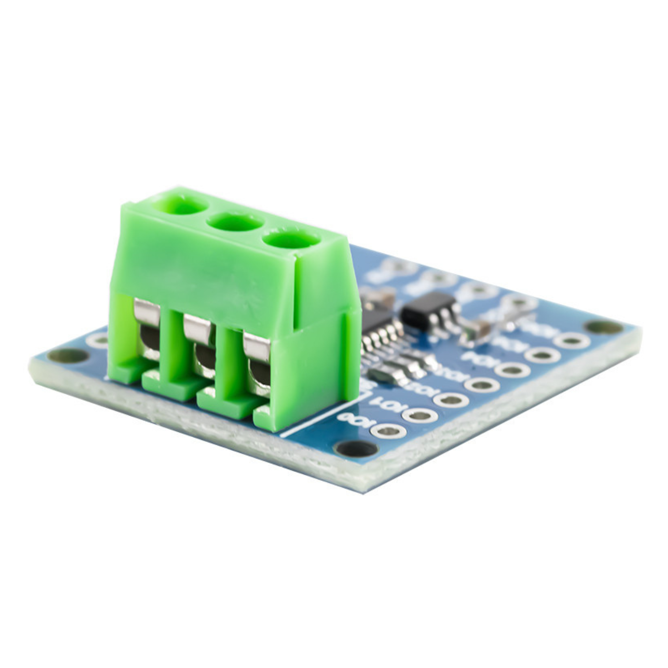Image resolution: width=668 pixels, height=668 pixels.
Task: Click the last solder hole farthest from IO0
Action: [x=572, y=341]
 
